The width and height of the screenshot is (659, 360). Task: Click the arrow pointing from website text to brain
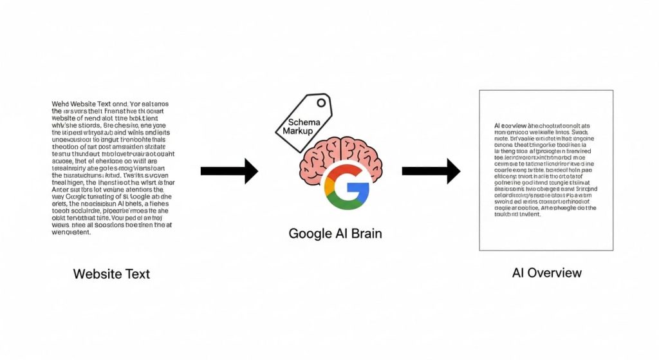(x=229, y=171)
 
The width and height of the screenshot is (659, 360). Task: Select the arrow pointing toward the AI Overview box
(x=431, y=171)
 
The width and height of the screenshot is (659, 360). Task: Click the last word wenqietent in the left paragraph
(x=71, y=232)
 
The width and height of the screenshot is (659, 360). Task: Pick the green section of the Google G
(x=345, y=202)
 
